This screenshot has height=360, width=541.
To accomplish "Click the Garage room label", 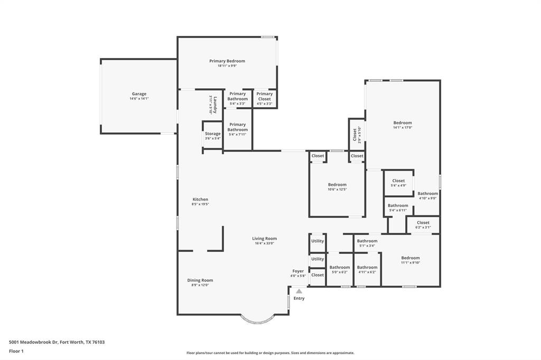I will point(139,94).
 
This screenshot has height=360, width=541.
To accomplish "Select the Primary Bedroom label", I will point(227,61).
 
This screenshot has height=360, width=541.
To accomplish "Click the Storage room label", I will point(212,134).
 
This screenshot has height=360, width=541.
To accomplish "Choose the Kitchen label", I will point(200,200).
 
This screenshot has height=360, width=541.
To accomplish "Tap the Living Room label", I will point(264,239).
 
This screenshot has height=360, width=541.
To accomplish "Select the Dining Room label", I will point(200,280).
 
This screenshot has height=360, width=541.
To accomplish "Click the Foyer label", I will point(298,271).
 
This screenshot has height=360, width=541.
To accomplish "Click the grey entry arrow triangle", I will point(299,291).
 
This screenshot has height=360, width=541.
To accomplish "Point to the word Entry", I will point(299,299).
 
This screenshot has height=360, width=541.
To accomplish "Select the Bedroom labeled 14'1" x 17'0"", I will point(402,123).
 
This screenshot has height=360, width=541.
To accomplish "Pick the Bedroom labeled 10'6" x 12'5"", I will point(337,185).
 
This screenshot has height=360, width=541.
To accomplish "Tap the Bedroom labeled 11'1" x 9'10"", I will point(410,258).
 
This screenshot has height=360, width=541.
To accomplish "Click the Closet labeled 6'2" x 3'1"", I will point(423,223).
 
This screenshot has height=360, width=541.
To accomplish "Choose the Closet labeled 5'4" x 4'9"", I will point(398,181).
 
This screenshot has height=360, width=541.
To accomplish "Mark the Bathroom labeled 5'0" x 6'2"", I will point(340,268).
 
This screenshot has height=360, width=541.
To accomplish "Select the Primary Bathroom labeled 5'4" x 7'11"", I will point(237,125).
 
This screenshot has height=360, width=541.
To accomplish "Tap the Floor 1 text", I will point(16,351).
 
